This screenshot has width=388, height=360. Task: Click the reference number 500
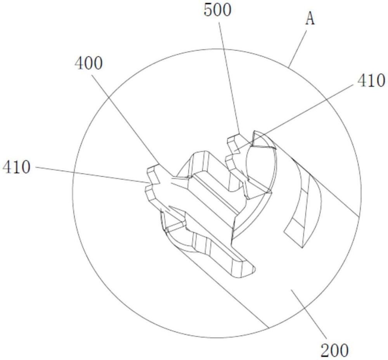[218, 10]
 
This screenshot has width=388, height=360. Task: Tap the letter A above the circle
[310, 19]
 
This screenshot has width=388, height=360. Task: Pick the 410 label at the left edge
[17, 167]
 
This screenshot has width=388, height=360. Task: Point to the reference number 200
[335, 350]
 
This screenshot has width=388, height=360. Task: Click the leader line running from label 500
[229, 78]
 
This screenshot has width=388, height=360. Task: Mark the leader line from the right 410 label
[294, 117]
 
